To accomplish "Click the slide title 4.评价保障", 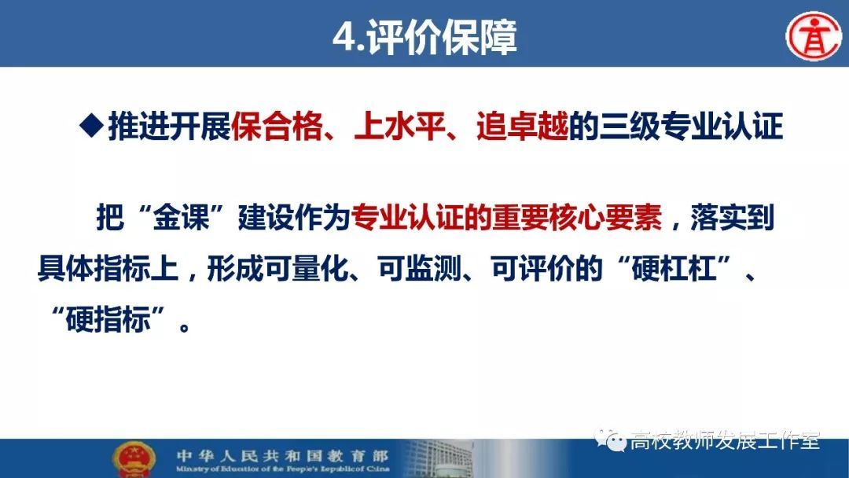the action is click(x=424, y=38).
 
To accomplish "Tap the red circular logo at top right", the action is click(x=814, y=35).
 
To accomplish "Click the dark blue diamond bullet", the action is click(x=91, y=126).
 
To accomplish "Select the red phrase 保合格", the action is click(x=277, y=127).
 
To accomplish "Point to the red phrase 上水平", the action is click(x=399, y=127).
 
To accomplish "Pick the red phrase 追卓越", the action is click(x=523, y=127).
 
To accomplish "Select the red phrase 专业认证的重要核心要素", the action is click(x=506, y=218).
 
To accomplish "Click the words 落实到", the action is click(x=733, y=218).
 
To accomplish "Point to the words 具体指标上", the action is click(x=108, y=268).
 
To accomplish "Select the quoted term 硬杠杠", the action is click(x=674, y=268).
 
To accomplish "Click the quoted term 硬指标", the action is click(x=108, y=319).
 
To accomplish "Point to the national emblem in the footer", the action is click(x=133, y=460).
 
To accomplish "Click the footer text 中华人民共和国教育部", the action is click(x=282, y=456).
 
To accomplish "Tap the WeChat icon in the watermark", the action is click(x=610, y=440).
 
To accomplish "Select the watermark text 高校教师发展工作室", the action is click(x=725, y=440).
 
